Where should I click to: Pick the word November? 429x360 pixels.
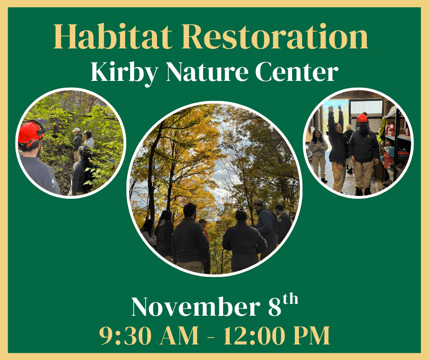tap(194, 307)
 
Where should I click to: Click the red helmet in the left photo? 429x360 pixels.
tap(30, 132)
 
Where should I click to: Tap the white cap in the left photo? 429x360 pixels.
tap(76, 130)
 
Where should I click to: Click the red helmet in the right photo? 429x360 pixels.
tap(362, 118)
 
